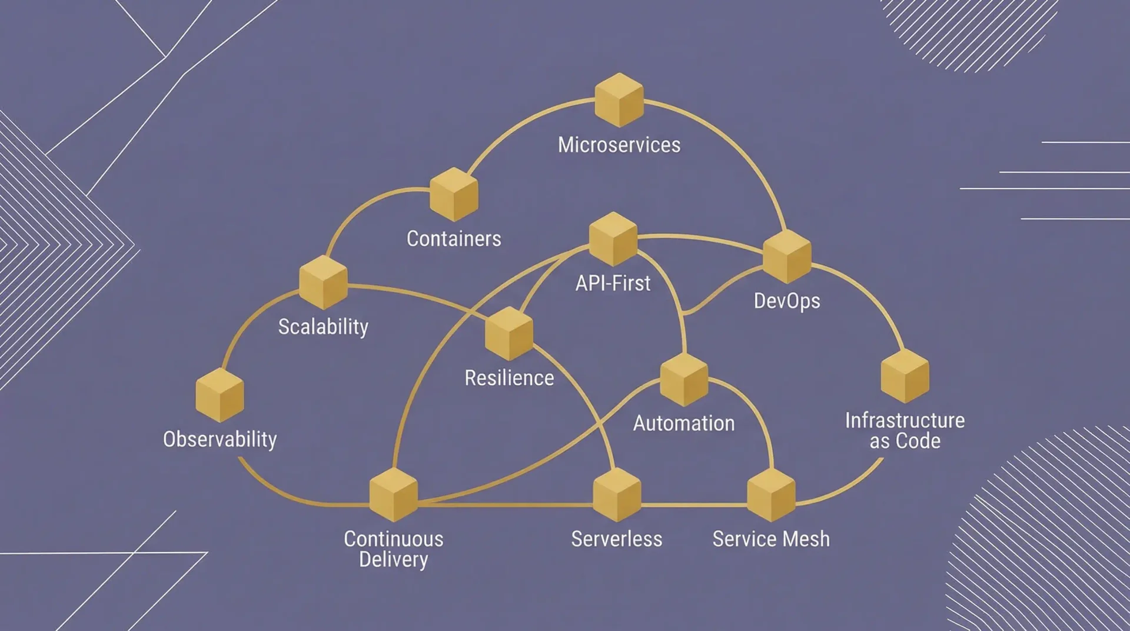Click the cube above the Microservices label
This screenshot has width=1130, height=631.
[619, 99]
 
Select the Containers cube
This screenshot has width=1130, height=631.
[453, 194]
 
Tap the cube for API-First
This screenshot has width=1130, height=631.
[613, 239]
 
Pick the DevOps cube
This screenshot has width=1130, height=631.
[787, 256]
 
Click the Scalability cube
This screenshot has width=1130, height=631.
[323, 282]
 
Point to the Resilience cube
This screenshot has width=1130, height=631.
[509, 333]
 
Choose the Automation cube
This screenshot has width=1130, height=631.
[684, 380]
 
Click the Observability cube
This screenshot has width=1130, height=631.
[220, 395]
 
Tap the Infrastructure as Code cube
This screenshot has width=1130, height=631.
[905, 376]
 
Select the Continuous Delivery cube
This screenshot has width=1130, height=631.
[394, 494]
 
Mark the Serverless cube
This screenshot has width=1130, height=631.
[617, 494]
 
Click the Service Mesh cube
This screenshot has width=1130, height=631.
[771, 494]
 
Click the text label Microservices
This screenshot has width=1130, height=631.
[619, 145]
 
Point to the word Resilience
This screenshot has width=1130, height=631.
[509, 378]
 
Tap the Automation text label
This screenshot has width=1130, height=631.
[684, 423]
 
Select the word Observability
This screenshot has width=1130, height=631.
[220, 439]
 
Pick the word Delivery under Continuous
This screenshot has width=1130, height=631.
[394, 559]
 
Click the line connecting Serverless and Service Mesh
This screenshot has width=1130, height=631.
[694, 505]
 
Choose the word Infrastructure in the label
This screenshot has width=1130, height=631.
[905, 420]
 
